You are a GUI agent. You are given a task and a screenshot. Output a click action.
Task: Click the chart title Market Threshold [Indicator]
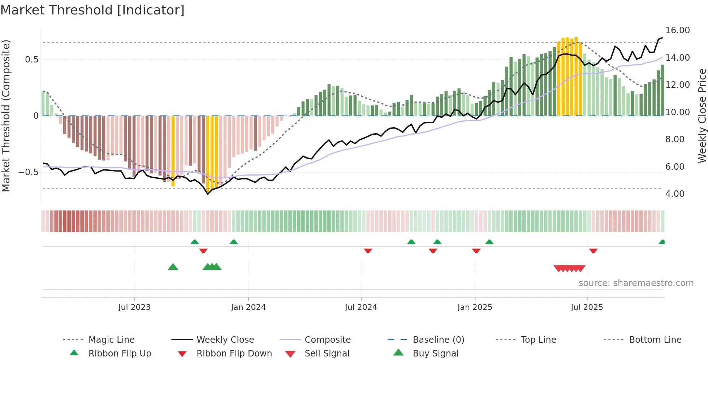92,10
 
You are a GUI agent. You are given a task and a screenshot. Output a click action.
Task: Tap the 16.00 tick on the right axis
677,30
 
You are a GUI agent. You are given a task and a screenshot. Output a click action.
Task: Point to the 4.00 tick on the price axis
675,194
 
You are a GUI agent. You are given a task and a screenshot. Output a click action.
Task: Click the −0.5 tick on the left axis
29,172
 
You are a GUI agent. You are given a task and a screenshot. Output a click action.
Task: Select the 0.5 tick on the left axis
32,60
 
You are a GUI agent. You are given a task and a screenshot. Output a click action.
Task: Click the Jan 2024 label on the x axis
248,307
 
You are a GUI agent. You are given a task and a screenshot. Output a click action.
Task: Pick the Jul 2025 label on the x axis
587,307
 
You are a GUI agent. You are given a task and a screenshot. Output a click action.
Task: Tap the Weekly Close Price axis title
702,116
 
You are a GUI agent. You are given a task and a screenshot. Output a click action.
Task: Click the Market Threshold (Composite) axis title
6,116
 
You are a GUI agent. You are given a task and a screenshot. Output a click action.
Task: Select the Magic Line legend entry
111,340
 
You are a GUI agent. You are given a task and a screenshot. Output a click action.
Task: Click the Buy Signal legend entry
435,354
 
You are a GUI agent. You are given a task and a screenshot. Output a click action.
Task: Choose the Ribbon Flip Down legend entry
234,354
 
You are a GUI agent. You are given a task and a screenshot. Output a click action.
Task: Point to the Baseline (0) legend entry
438,340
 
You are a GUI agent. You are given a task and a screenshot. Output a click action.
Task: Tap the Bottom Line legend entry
655,340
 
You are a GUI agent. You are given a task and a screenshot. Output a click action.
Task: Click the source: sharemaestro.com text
636,283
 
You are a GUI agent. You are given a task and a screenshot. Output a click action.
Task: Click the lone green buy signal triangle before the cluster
173,267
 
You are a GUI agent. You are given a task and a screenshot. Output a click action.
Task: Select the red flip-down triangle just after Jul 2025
593,251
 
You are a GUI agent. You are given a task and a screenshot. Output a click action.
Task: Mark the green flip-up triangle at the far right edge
662,242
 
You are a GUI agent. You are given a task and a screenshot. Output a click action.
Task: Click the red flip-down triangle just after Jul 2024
368,251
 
